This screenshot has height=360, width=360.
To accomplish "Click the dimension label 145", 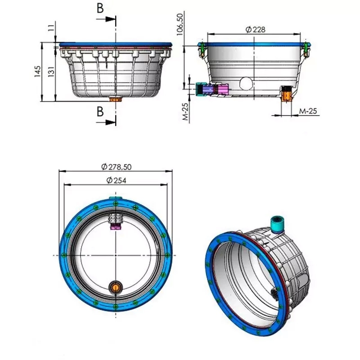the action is coord(37,71).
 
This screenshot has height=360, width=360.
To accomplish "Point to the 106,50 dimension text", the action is coord(180,24).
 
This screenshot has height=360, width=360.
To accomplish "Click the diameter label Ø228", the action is coord(255,30).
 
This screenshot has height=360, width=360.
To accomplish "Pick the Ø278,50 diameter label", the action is coord(116,167).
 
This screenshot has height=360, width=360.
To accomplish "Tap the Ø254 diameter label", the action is coord(116,180).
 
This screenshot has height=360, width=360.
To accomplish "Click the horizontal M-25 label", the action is coord(308,111).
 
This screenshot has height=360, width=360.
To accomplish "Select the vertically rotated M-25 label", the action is coord(185,112).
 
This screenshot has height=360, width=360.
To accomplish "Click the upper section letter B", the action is coord(100,8).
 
